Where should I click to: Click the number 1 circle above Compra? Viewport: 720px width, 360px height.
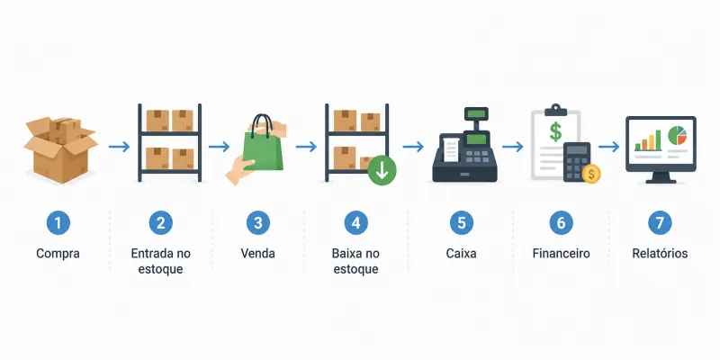[x=58, y=223]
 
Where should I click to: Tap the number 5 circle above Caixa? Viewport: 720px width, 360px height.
[x=461, y=223]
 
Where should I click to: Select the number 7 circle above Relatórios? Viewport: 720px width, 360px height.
[x=660, y=223]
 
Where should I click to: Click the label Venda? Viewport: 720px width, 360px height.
[x=257, y=253]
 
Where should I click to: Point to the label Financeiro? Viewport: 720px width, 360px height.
[x=561, y=253]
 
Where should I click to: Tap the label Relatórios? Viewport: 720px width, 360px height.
[x=660, y=253]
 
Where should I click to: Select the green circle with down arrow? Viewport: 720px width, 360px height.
[x=382, y=171]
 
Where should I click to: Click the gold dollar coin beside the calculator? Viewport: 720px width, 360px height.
[x=591, y=174]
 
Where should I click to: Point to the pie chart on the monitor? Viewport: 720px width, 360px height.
[x=677, y=136]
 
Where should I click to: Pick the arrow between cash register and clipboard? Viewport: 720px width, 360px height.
[x=512, y=147]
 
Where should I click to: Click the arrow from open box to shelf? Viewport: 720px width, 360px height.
[x=119, y=147]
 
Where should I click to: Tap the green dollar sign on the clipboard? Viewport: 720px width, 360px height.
[x=555, y=130]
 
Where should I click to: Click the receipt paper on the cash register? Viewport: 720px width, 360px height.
[x=451, y=149]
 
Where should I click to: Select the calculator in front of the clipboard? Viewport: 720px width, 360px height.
[x=576, y=162]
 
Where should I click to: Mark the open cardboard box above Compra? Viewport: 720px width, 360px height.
[x=60, y=149]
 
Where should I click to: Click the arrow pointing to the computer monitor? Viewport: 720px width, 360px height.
[x=609, y=147]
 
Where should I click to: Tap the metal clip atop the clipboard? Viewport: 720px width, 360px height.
[x=555, y=110]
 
